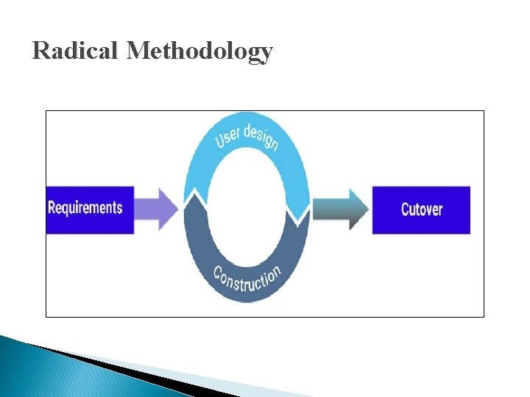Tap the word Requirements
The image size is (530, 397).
(x=85, y=207)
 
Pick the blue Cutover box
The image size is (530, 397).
(x=421, y=210)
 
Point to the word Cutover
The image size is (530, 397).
(x=422, y=210)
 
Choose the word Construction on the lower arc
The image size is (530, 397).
(x=247, y=279)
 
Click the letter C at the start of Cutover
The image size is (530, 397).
(x=406, y=210)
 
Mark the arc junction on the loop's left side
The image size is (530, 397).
(x=192, y=197)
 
